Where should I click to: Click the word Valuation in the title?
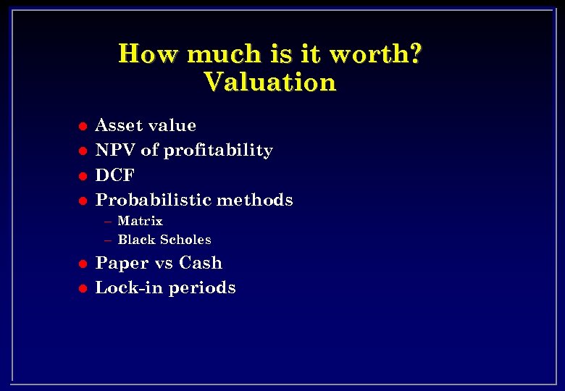(x=270, y=82)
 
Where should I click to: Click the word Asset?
(x=118, y=125)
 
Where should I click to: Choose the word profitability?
(x=218, y=151)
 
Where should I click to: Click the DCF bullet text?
(x=115, y=175)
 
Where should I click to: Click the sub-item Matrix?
(x=140, y=221)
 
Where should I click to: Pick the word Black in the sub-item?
(x=135, y=240)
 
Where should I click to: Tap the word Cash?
(x=201, y=263)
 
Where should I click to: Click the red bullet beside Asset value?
(x=83, y=127)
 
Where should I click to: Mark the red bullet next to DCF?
(x=83, y=176)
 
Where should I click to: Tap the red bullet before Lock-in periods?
(x=83, y=289)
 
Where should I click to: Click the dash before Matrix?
(x=108, y=222)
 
